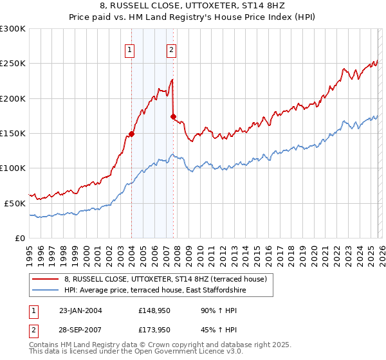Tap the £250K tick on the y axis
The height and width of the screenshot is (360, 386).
click(x=13, y=64)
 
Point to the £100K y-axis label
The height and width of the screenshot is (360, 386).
click(x=13, y=168)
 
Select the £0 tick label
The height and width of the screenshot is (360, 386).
click(x=19, y=238)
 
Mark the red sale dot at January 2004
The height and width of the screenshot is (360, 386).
click(x=131, y=134)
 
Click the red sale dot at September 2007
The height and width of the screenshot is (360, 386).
click(x=173, y=116)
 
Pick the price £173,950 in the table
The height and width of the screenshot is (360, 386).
click(x=154, y=330)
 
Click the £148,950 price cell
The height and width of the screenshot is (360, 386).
click(x=154, y=310)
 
